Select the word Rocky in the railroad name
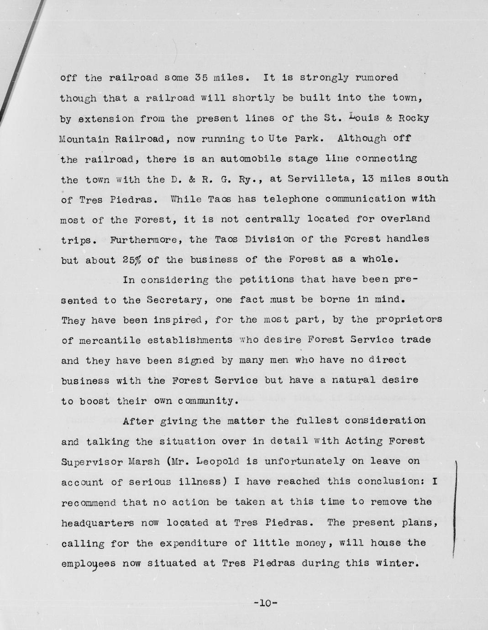(x=414, y=118)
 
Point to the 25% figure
(x=132, y=260)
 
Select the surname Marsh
(x=142, y=461)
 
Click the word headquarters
(x=97, y=523)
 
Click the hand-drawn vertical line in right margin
(x=455, y=507)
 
